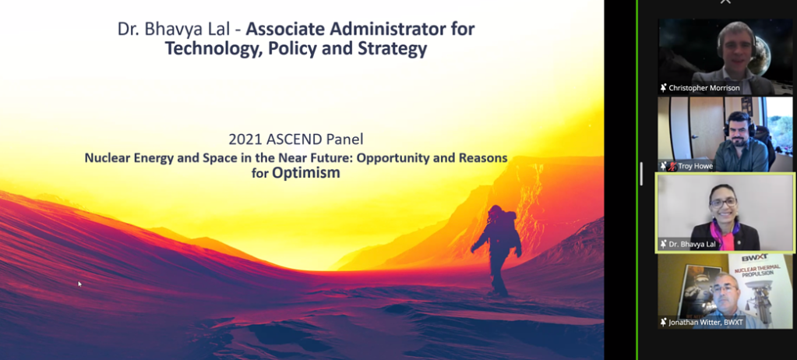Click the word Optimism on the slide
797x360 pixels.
click(305, 173)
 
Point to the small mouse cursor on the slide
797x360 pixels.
click(79, 284)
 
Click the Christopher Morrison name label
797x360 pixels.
click(704, 88)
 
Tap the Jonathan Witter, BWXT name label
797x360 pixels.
click(706, 322)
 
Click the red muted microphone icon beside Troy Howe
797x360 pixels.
click(672, 166)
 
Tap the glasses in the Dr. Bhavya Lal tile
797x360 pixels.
click(723, 203)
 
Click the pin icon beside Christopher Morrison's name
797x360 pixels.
click(663, 88)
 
